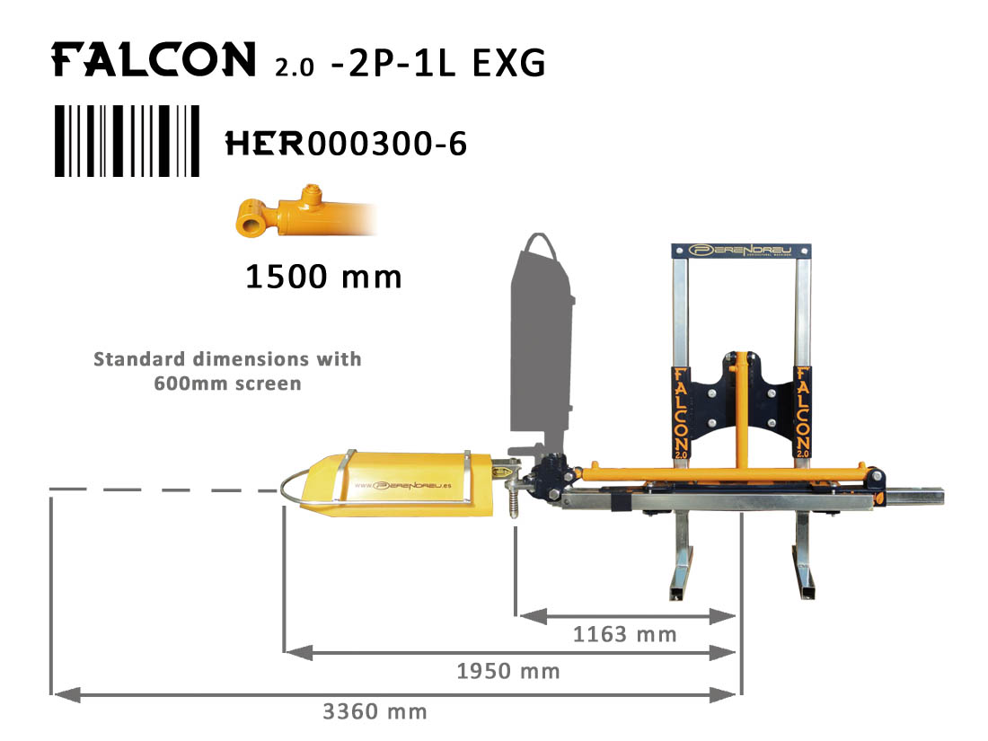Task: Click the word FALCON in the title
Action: pyautogui.click(x=153, y=59)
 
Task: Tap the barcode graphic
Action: pyautogui.click(x=128, y=140)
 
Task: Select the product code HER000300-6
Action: pyautogui.click(x=346, y=144)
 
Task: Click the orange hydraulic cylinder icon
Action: pyautogui.click(x=306, y=212)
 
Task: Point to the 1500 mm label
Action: pyautogui.click(x=323, y=277)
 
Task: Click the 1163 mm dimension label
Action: pyautogui.click(x=624, y=634)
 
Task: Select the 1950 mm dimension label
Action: pyautogui.click(x=507, y=671)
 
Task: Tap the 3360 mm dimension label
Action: pyautogui.click(x=375, y=711)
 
